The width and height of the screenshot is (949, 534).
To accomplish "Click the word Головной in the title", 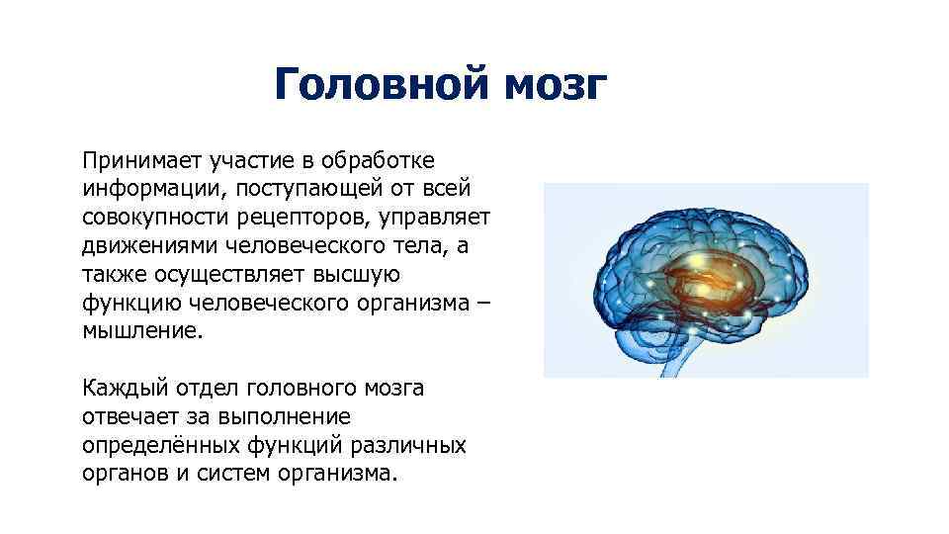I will click(x=382, y=85).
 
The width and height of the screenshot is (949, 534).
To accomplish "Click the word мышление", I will click(x=142, y=331).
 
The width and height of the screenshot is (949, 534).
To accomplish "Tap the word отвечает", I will click(x=129, y=417).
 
